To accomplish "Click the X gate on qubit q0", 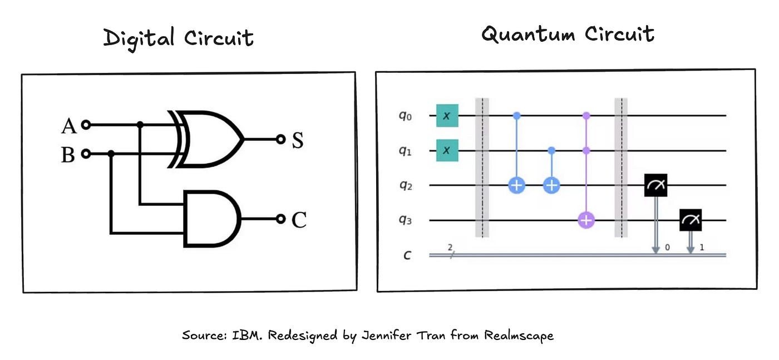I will pyautogui.click(x=447, y=116).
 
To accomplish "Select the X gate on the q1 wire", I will pyautogui.click(x=447, y=150).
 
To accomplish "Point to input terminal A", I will pyautogui.click(x=85, y=125).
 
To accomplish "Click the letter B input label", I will pyautogui.click(x=68, y=155).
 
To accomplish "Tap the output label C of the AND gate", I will pyautogui.click(x=299, y=220).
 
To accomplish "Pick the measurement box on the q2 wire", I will pyautogui.click(x=656, y=185).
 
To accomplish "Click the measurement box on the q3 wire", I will pyautogui.click(x=691, y=221).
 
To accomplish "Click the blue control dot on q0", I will pyautogui.click(x=516, y=116).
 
